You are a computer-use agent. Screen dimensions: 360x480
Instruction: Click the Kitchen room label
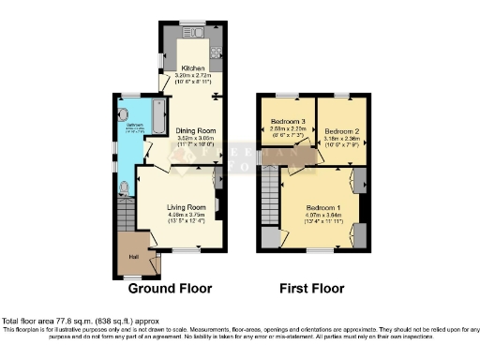point(192,68)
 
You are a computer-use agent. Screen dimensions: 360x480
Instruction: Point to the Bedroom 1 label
point(319,206)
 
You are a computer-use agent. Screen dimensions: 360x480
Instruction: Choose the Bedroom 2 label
point(341,130)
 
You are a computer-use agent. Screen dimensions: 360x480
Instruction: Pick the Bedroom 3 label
point(289,123)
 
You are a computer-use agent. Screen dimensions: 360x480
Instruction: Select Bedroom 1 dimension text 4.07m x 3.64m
point(319,215)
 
